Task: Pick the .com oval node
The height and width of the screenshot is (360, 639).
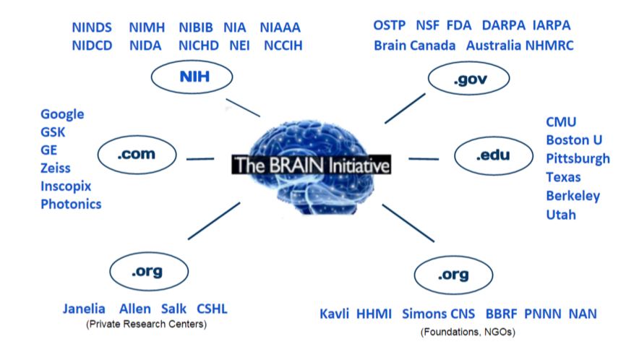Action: [137, 154]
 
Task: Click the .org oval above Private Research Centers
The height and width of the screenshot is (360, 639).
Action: [147, 273]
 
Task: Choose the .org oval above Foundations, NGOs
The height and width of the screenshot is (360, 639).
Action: [453, 275]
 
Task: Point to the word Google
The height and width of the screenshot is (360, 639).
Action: [62, 114]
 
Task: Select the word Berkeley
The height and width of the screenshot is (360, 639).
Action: [573, 196]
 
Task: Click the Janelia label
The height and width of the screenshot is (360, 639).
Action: [84, 309]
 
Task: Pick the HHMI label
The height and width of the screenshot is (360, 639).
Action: [374, 314]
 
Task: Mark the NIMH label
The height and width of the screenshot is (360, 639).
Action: [147, 28]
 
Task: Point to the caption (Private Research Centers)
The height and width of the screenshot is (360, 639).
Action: [145, 324]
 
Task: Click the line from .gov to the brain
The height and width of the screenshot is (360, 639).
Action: [405, 108]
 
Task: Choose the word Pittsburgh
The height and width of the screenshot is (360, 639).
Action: [578, 158]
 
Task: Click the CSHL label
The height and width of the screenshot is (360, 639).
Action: [212, 309]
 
